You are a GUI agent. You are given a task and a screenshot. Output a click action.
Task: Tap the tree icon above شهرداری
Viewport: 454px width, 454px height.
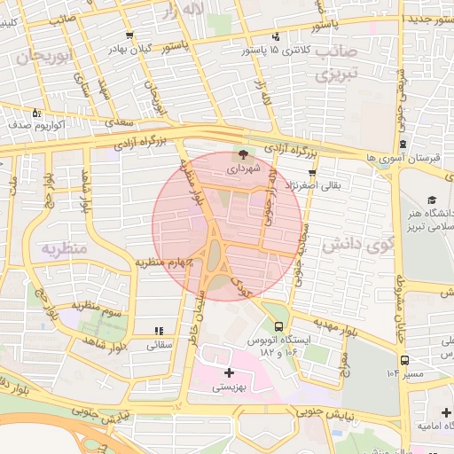point(245,154)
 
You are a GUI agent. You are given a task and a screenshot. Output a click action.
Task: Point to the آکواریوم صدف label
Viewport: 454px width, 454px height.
point(37,126)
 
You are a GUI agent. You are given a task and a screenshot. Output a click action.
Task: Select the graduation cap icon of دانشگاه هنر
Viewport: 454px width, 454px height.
point(432,200)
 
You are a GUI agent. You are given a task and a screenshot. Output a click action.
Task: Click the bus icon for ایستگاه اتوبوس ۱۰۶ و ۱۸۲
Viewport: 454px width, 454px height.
point(280,326)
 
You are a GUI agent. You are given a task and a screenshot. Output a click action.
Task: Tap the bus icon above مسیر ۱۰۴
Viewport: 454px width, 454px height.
point(404,360)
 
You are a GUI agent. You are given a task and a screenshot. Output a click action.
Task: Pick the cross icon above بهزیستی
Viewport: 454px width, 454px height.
point(230,372)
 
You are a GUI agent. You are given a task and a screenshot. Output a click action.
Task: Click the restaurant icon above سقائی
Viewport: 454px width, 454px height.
point(157,332)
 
